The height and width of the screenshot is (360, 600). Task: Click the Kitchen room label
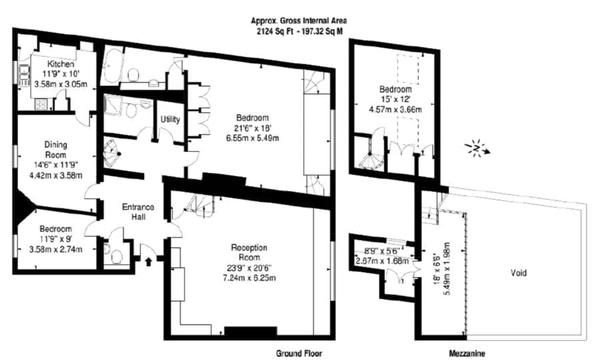tap(61, 63)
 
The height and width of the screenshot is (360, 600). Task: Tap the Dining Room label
tap(56, 149)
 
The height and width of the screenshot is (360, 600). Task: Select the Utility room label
tap(170, 119)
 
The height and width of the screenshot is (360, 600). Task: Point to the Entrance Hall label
tap(138, 212)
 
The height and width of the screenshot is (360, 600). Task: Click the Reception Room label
tap(249, 253)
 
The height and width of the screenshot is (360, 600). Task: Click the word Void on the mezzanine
tap(519, 273)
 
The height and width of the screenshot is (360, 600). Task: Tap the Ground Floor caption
tap(299, 353)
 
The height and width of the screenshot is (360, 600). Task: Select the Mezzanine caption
tap(467, 353)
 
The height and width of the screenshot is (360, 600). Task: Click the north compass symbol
tap(477, 148)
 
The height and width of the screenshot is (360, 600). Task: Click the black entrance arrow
tap(149, 261)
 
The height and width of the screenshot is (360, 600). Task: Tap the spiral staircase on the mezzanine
tap(370, 154)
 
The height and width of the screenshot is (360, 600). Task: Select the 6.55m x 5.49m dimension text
tap(252, 138)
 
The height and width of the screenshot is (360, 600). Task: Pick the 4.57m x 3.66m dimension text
tap(395, 109)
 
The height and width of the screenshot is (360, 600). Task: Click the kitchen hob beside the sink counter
tap(41, 104)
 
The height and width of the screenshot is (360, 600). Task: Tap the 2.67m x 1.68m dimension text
tap(382, 261)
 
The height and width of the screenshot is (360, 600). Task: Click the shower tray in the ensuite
tap(113, 105)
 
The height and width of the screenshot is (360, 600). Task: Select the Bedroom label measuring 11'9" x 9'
tap(56, 229)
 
